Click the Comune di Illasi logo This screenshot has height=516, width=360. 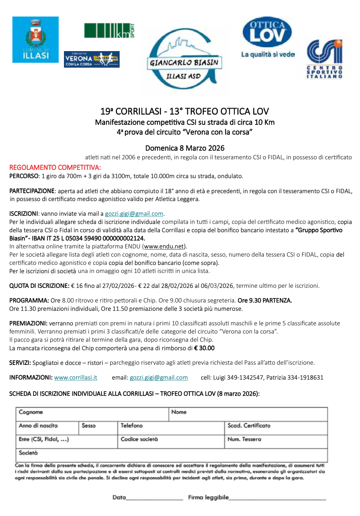(x=35, y=39)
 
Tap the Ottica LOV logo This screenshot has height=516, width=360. (x=267, y=37)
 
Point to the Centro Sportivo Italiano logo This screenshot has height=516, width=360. (x=324, y=59)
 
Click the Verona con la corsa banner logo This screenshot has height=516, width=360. (x=91, y=59)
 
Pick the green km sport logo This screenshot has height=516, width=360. (x=109, y=30)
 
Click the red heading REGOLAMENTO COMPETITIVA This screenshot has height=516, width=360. (x=55, y=168)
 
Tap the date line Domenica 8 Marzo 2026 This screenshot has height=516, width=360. (x=185, y=148)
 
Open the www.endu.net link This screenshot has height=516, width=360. (x=164, y=247)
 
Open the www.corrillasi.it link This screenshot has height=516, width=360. (x=76, y=378)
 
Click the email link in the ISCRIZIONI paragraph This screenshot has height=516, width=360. (x=134, y=214)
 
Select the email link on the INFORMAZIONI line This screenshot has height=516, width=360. (x=159, y=378)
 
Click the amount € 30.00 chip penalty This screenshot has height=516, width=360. (x=204, y=348)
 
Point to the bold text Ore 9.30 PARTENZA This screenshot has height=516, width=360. (x=265, y=301)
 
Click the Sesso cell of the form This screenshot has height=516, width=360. (x=98, y=428)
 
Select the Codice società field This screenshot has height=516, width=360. (x=171, y=442)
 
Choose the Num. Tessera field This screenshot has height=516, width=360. (x=276, y=442)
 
